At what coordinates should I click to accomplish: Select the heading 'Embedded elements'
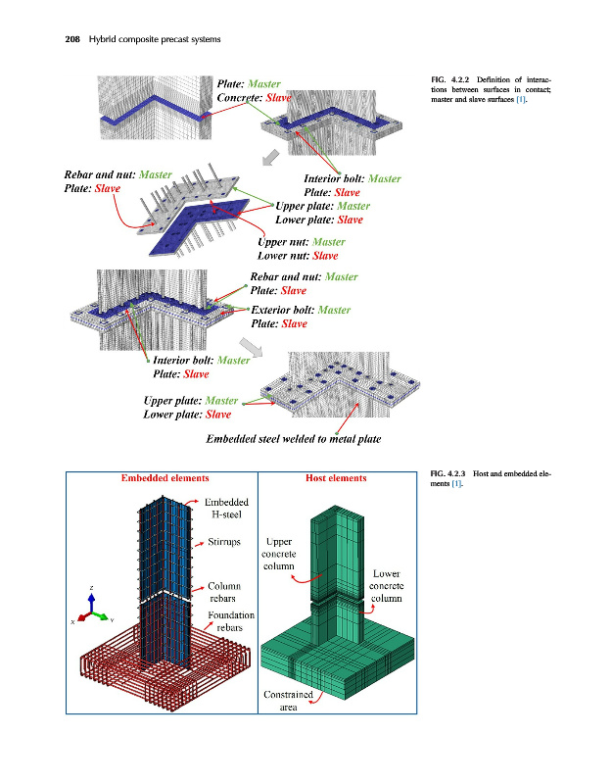(x=165, y=478)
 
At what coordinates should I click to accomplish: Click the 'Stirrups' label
(x=227, y=540)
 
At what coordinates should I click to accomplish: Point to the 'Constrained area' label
(x=288, y=702)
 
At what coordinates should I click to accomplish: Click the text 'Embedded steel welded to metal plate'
(x=293, y=438)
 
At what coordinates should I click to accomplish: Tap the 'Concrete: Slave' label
(x=254, y=99)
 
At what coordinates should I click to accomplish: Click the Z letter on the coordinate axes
(x=91, y=588)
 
